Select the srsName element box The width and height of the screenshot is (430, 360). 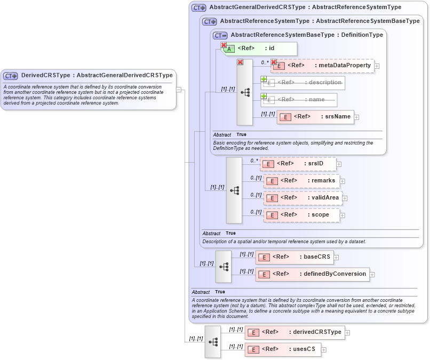point(315,117)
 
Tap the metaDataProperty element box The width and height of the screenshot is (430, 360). point(322,66)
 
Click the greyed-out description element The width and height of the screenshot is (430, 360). point(302,83)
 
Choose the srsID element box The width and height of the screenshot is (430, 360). point(298,164)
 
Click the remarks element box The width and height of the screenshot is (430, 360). point(301,181)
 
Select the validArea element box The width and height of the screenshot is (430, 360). point(302,198)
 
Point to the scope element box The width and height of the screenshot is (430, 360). point(301,215)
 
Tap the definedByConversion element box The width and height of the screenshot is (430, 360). point(312,274)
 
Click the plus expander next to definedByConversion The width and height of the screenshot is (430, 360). point(372,275)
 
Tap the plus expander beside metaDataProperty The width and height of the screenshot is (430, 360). point(377,66)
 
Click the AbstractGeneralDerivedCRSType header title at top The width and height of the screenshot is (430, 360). point(305,7)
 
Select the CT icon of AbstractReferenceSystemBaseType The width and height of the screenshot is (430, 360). point(220,35)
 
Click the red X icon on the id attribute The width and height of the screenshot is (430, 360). point(224,45)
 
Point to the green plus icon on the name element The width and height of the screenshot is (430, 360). point(264,96)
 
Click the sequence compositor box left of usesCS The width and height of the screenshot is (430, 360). point(212,341)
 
